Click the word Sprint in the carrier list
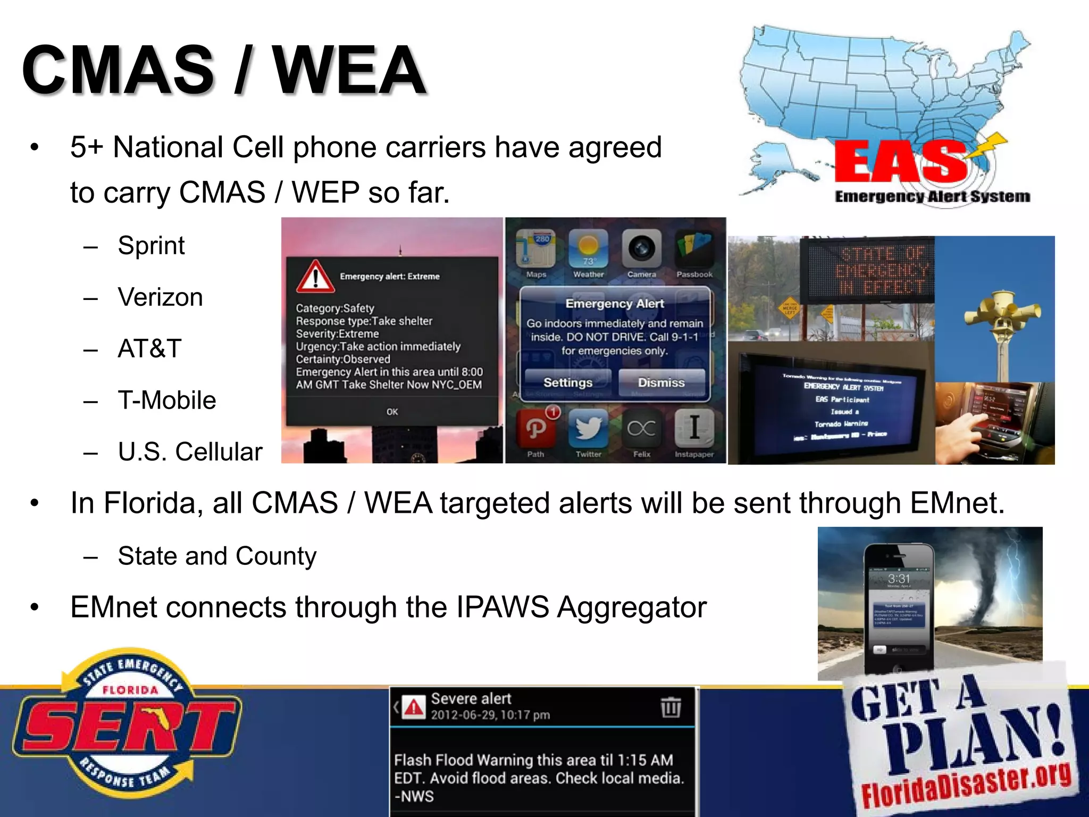point(151,246)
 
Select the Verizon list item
point(160,297)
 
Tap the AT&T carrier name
point(149,349)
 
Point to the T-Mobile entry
point(166,401)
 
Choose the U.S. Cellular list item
point(190,452)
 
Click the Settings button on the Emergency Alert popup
point(567,382)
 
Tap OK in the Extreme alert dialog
point(392,412)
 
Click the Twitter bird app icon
point(588,428)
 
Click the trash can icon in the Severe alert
point(671,707)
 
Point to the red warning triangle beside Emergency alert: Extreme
point(315,277)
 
